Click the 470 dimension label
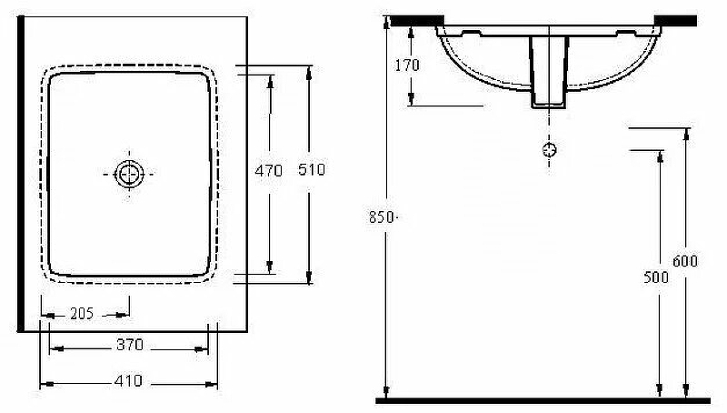point(268,171)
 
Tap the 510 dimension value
point(312,169)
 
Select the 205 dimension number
point(82,314)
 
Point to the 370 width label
point(130,345)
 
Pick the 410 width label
point(128,381)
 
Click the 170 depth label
point(407,65)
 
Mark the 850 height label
point(381,217)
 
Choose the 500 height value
point(656,277)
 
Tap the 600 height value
point(685,261)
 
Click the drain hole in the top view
point(129,174)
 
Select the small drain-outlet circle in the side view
point(550,149)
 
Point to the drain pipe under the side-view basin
point(549,72)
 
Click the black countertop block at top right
point(675,20)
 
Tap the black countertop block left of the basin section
point(416,20)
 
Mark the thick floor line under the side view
point(543,400)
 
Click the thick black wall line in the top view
point(20,174)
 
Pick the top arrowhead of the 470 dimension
point(270,81)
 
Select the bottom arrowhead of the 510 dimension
point(309,278)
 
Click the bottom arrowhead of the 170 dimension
point(412,99)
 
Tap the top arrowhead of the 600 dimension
point(687,134)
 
